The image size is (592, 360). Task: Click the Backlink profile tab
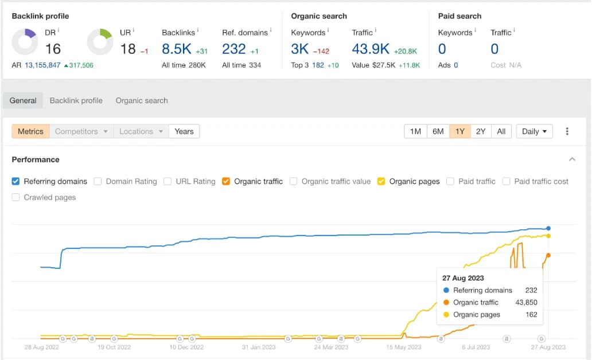pos(76,100)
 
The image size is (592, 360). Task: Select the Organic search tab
pos(142,100)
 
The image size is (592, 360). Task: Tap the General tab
pos(23,100)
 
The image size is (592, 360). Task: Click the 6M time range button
pos(438,131)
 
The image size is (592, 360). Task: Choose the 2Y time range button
pos(481,131)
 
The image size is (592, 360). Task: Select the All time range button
pos(501,131)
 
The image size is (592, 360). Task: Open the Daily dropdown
pos(534,131)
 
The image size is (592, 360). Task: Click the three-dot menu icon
pos(567,131)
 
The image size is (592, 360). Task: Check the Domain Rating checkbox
pos(98,181)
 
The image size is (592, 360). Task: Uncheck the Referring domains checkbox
pos(15,181)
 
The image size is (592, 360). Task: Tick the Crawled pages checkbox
pos(15,197)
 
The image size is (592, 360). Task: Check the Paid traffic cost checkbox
pos(506,181)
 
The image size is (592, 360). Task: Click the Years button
pos(184,131)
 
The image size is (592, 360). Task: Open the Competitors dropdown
pos(81,131)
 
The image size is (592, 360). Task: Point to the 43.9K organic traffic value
pos(371,49)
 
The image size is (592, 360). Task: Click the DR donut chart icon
pos(24,42)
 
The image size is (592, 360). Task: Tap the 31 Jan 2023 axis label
pos(259,347)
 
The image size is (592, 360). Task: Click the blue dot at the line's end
pos(548,228)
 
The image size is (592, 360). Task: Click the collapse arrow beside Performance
pos(572,159)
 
